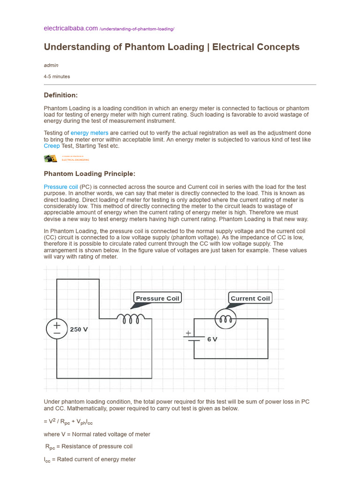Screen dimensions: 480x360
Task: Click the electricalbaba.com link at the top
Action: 70,29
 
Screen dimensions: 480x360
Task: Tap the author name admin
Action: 51,65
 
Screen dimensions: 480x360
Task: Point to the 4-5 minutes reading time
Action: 57,76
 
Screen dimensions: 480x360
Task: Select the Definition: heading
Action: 60,95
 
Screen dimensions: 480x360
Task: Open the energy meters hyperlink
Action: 90,133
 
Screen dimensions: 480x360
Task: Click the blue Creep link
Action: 52,146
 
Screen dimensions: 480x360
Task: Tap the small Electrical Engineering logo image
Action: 51,159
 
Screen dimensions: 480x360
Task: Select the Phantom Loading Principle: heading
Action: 90,174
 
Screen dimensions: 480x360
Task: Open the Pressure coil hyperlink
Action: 61,187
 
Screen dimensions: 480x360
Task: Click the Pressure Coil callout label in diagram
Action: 157,298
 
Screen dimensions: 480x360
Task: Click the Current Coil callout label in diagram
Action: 250,298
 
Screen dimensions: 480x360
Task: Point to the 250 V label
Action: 79,330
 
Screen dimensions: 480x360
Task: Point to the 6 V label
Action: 212,339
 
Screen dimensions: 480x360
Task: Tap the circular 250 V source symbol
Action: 57,328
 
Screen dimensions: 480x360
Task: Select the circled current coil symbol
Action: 225,319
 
